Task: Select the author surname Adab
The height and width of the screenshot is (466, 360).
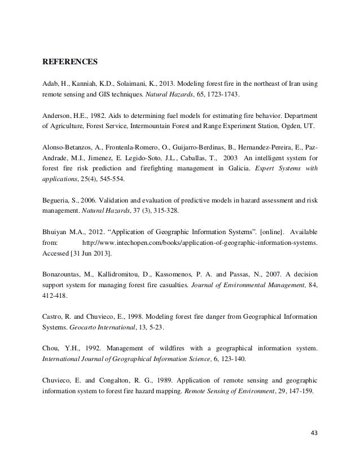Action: (52, 83)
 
